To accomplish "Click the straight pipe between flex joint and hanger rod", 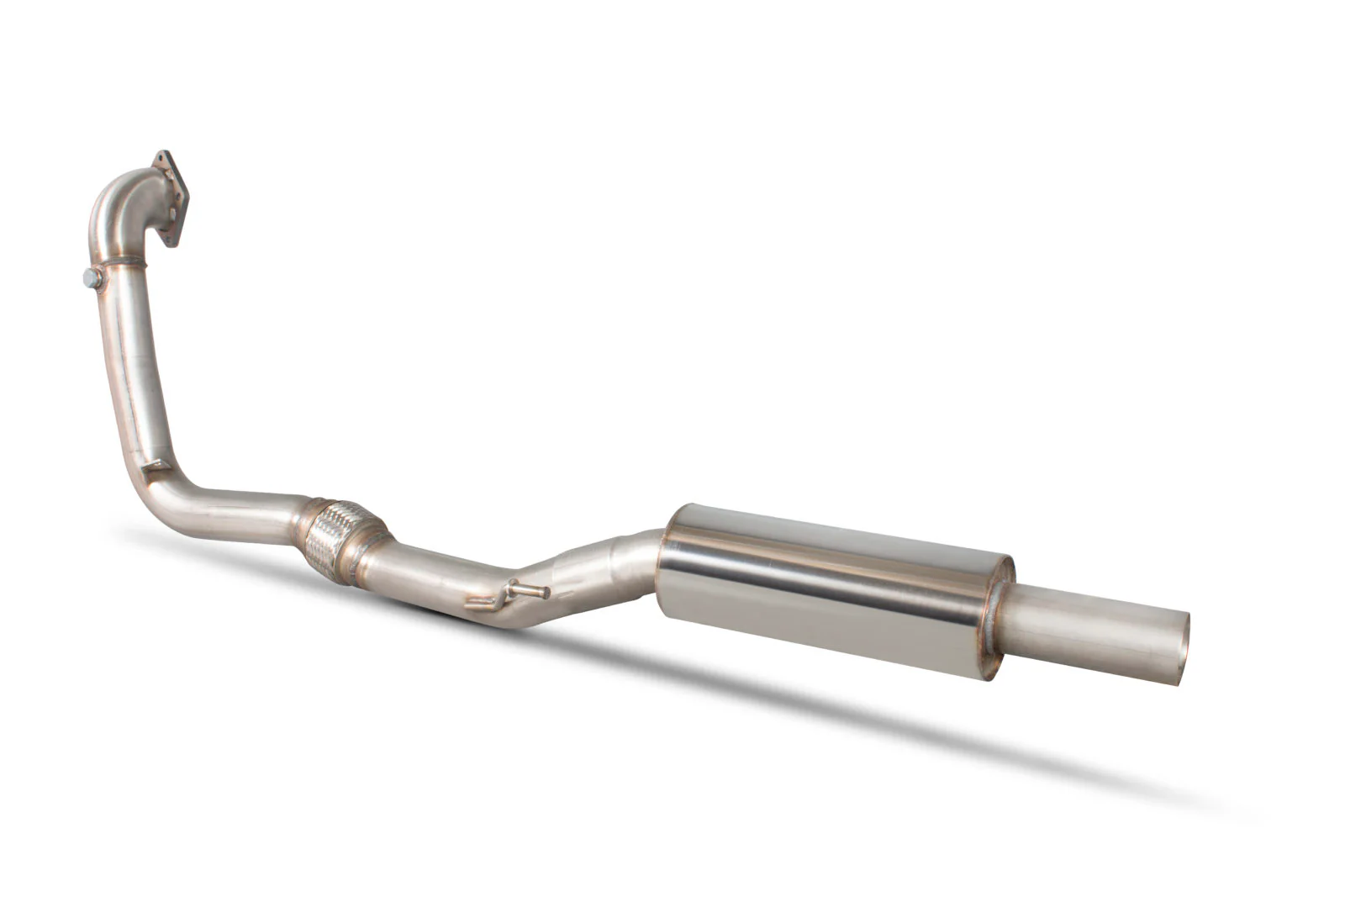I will (429, 580).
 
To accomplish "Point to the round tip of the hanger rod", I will (545, 593).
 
